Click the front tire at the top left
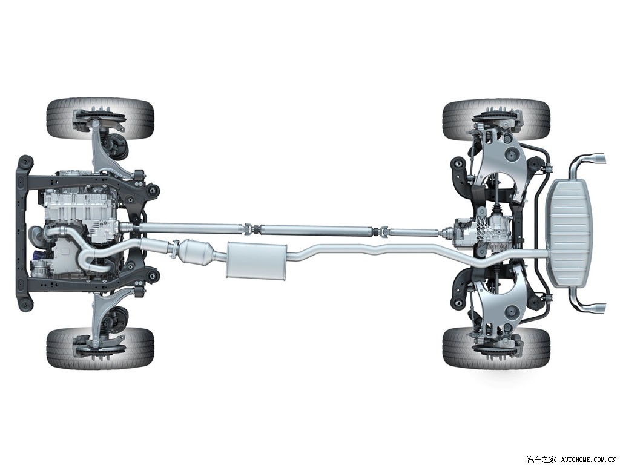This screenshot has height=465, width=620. point(100,118)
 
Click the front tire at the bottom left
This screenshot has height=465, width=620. point(100,348)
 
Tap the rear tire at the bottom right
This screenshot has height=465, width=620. point(496,347)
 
